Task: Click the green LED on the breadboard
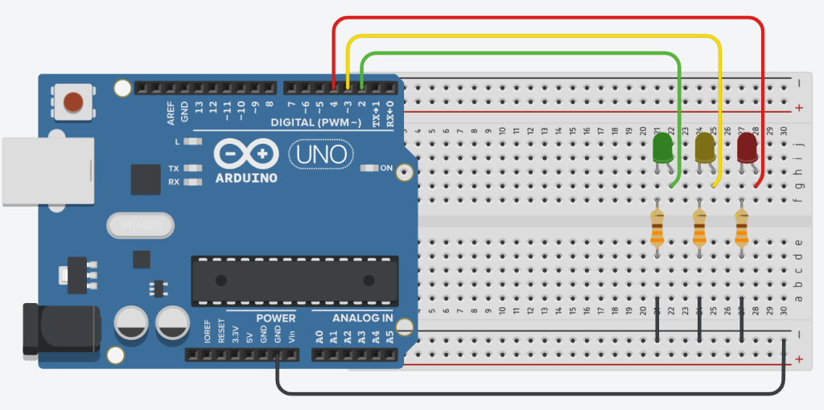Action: tap(662, 148)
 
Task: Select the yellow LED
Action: tap(705, 148)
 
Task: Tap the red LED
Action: tap(748, 148)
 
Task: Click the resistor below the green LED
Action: tap(657, 228)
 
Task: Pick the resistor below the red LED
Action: tap(741, 228)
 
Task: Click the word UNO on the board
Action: tap(319, 153)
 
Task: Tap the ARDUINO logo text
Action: tap(246, 178)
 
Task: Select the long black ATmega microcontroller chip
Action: tap(294, 281)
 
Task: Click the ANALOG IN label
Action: tap(352, 318)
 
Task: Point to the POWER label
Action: tap(276, 318)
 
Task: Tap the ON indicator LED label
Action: tap(385, 168)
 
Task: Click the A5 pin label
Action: tap(390, 337)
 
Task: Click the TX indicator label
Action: tap(174, 169)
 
